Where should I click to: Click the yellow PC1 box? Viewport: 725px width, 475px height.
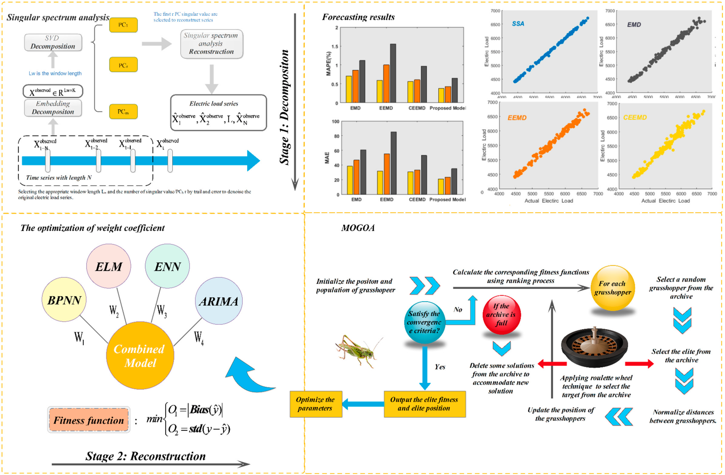pyautogui.click(x=123, y=25)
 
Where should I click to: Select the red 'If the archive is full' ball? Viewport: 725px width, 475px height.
pyautogui.click(x=501, y=314)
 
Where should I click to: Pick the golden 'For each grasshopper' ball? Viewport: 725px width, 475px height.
pyautogui.click(x=613, y=288)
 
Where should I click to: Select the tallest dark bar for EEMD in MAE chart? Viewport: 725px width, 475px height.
pyautogui.click(x=393, y=163)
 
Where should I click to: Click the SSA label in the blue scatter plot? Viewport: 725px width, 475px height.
pyautogui.click(x=518, y=24)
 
